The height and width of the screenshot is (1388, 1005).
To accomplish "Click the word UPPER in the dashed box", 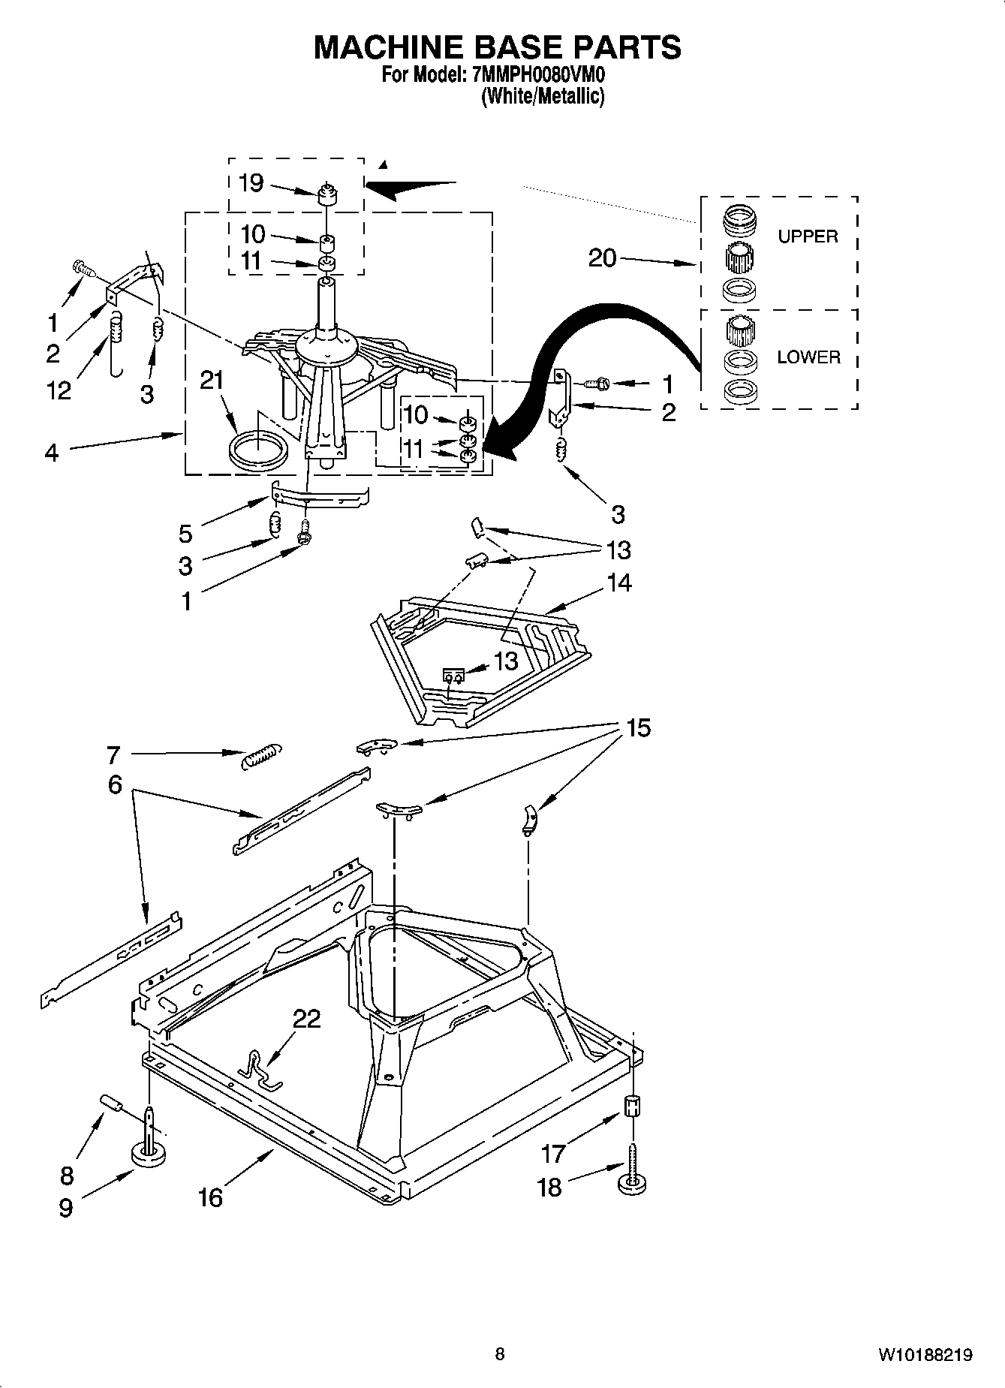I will click(x=807, y=236).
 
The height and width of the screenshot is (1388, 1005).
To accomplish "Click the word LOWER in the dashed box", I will click(x=808, y=357).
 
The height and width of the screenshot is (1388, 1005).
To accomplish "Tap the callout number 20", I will click(x=602, y=258).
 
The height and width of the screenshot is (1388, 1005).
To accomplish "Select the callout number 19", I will click(x=251, y=182).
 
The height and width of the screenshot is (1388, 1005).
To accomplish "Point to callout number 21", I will click(x=212, y=381).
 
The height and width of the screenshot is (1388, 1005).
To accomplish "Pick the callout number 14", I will click(x=619, y=583).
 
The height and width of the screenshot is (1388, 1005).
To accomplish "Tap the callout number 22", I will click(x=306, y=1019).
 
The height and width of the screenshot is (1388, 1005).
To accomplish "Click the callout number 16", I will click(x=210, y=1197).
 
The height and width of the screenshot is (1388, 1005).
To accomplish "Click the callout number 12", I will click(x=59, y=390).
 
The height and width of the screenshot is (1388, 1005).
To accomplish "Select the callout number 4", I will click(x=51, y=453).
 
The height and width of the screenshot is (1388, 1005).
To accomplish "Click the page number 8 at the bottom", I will click(x=500, y=1354).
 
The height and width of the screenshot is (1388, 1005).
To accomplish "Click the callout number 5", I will click(x=185, y=534).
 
